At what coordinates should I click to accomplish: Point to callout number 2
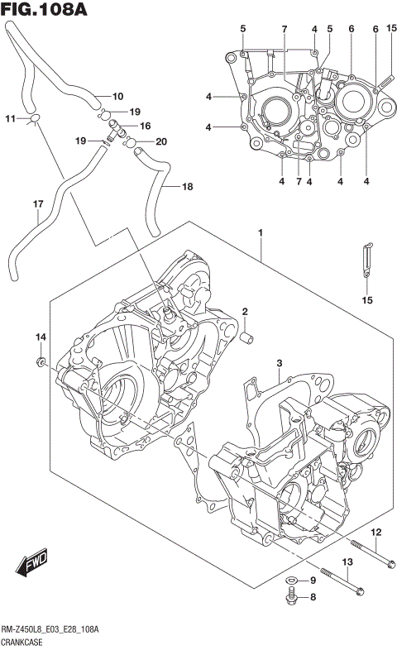(245, 311)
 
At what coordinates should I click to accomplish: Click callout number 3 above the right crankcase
(280, 364)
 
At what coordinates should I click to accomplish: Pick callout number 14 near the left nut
(39, 337)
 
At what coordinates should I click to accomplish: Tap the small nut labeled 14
(40, 362)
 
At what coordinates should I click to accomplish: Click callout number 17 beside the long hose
(37, 204)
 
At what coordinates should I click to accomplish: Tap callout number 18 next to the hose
(187, 187)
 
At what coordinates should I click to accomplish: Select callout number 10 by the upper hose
(117, 96)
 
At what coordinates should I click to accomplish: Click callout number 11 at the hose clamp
(10, 119)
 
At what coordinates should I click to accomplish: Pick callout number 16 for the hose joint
(145, 127)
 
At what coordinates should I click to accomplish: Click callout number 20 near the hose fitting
(161, 141)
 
